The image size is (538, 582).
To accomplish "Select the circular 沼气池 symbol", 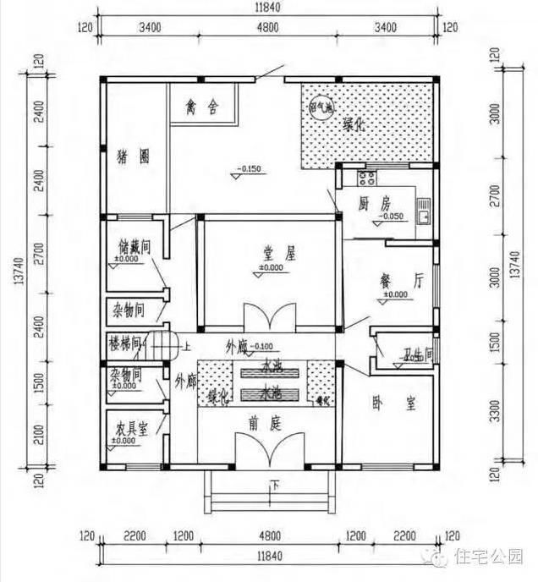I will point(321,109).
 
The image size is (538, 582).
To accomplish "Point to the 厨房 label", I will point(374,204).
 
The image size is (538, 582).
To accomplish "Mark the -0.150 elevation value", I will point(250,169).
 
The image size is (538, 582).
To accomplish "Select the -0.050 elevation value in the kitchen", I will point(391,217).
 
